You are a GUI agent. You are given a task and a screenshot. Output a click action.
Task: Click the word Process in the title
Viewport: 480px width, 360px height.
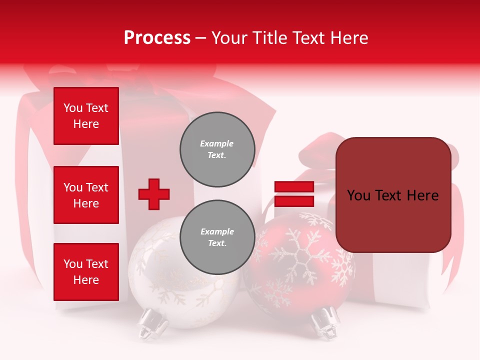tap(157, 38)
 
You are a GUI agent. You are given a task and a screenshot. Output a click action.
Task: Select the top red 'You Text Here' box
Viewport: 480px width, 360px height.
tap(86, 116)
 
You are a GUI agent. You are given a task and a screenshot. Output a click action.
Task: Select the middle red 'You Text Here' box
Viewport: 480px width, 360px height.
tap(86, 195)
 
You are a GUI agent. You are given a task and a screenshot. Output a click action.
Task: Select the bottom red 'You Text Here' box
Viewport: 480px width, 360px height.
tap(86, 272)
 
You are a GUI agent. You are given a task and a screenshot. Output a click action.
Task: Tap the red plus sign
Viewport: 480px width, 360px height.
tap(154, 194)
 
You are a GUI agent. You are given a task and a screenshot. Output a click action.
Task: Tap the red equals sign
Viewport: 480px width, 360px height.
tap(294, 194)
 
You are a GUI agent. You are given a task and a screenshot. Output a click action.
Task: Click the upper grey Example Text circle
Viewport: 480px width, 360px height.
tap(217, 149)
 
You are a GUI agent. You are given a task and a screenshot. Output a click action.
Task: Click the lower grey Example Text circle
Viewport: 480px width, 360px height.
tap(217, 237)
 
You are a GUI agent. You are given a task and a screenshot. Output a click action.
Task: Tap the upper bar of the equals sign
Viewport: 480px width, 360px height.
tap(294, 187)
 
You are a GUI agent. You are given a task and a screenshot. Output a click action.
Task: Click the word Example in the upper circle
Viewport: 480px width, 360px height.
tap(216, 143)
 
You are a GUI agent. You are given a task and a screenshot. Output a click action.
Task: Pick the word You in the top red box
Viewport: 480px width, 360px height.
tap(73, 108)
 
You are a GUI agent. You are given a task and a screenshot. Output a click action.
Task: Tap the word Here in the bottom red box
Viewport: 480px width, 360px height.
tap(86, 280)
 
